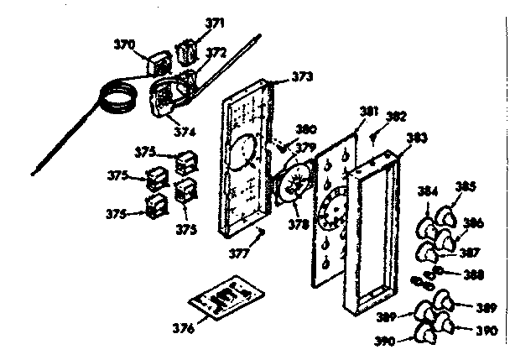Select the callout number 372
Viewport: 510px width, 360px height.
click(x=216, y=52)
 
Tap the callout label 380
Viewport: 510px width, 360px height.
click(x=306, y=129)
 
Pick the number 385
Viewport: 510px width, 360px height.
click(x=466, y=185)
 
